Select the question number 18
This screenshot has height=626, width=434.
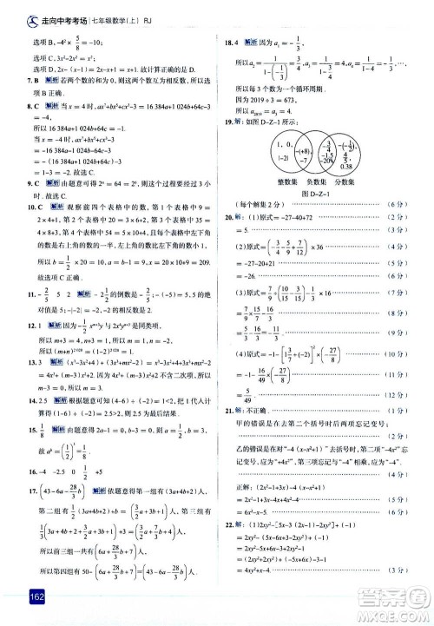pos(227,41)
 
